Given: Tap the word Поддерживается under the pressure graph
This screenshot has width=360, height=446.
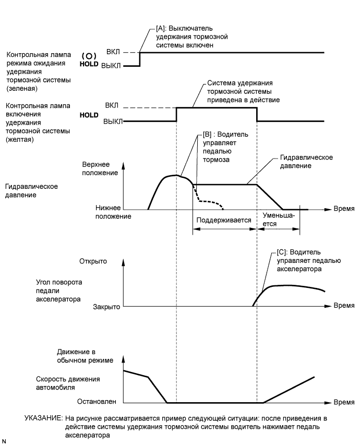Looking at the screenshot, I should pyautogui.click(x=224, y=220).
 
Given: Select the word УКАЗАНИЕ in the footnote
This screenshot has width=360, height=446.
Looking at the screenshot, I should pyautogui.click(x=44, y=419).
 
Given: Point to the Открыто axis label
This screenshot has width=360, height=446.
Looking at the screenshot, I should pyautogui.click(x=93, y=261).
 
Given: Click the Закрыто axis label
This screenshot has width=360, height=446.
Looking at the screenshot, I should pyautogui.click(x=107, y=307).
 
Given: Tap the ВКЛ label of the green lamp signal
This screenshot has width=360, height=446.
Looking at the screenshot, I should pyautogui.click(x=112, y=53).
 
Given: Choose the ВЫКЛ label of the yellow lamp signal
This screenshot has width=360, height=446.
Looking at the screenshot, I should pyautogui.click(x=113, y=122).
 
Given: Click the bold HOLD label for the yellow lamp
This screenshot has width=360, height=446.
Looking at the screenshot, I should pyautogui.click(x=89, y=115).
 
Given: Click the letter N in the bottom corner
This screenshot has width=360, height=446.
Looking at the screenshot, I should pyautogui.click(x=4, y=441).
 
